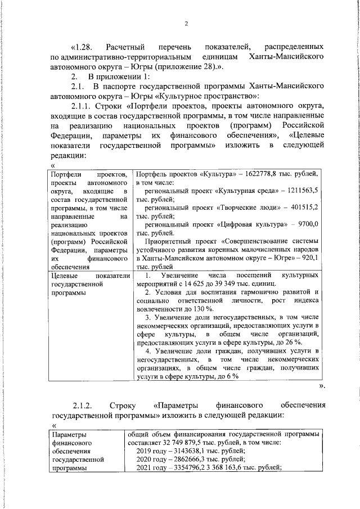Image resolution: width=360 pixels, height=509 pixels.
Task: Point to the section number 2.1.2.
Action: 84,405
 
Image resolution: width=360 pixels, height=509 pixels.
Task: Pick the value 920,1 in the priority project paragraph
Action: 308,258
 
